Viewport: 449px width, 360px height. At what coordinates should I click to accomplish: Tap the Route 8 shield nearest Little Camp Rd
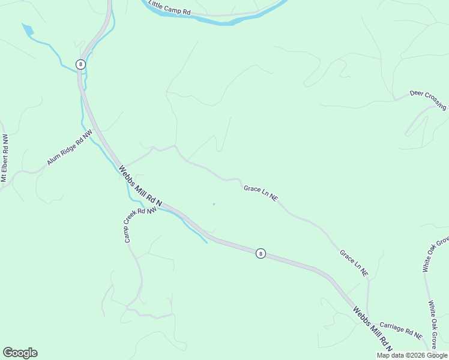80,64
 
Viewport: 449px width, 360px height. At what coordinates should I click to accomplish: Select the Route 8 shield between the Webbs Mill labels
260,253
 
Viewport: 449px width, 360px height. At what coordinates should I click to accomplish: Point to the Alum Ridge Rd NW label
70,148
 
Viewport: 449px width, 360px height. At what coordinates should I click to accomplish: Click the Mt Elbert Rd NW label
5,158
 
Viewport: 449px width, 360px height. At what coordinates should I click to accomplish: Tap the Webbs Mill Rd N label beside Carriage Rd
372,329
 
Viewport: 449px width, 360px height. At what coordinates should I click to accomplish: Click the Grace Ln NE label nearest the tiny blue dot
261,193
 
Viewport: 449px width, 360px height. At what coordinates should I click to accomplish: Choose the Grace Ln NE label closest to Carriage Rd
354,263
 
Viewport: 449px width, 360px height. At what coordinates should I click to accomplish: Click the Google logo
20,353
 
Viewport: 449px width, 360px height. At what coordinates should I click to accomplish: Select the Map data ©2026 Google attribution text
412,355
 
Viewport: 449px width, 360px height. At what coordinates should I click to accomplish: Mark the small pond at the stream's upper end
28,29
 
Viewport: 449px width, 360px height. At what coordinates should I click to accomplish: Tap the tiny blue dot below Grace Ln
214,204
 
